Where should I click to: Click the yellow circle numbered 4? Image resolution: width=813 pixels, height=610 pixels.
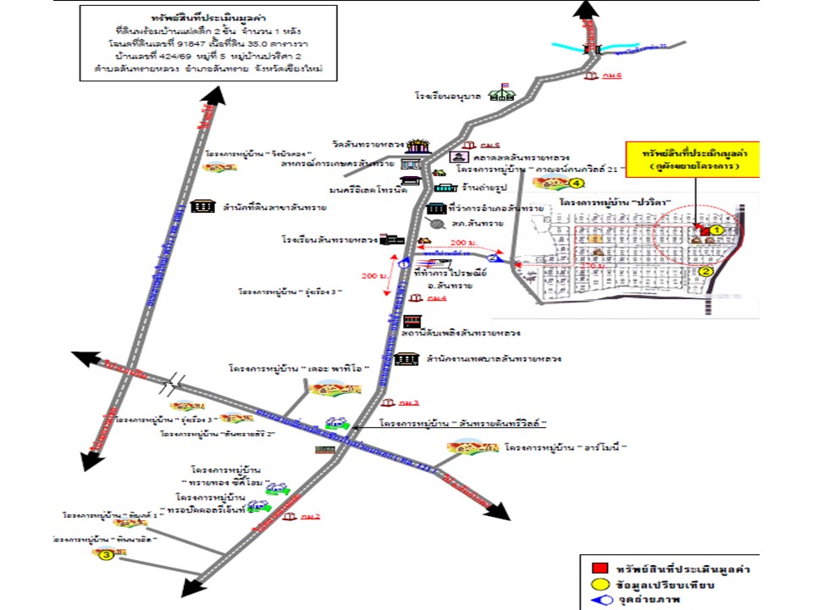tap(577, 182)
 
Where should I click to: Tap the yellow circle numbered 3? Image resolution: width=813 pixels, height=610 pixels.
tap(106, 556)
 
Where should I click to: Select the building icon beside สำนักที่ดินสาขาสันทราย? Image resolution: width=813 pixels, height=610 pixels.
tap(202, 207)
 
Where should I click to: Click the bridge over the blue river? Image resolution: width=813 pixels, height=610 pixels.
tap(592, 48)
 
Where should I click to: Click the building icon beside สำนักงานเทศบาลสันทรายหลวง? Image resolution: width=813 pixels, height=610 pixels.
tap(406, 358)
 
